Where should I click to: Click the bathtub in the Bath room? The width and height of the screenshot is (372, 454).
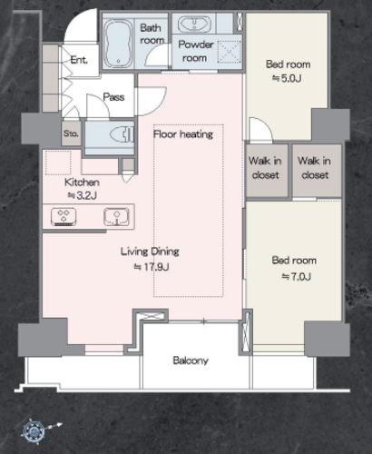tap(118, 44)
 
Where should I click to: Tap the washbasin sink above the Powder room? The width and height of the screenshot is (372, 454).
tap(194, 25)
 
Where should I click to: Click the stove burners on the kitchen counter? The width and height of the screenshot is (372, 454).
tap(64, 217)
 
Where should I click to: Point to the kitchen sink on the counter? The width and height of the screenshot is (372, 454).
tap(116, 217)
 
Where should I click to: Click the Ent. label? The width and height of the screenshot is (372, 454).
tap(79, 60)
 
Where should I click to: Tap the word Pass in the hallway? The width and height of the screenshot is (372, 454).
tap(113, 97)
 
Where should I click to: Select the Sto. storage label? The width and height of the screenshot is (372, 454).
tap(71, 133)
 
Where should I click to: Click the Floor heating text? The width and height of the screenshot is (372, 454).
tap(183, 134)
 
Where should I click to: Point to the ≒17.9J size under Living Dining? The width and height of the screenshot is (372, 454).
tap(152, 267)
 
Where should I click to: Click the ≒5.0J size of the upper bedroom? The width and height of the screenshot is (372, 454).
tap(287, 78)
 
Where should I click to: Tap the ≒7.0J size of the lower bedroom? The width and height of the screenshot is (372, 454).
tap(297, 277)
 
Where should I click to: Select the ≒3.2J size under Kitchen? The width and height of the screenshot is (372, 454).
tap(82, 195)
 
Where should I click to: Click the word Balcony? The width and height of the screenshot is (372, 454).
tap(191, 360)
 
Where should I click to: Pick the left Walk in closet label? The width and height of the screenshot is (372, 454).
tap(265, 168)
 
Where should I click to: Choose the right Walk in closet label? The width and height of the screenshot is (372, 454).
tap(314, 168)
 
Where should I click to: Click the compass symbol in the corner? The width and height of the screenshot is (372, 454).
tap(34, 430)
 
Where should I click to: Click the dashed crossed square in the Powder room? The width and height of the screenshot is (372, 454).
tap(230, 52)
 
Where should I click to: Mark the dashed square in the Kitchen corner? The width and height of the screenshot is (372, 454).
tap(58, 163)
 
